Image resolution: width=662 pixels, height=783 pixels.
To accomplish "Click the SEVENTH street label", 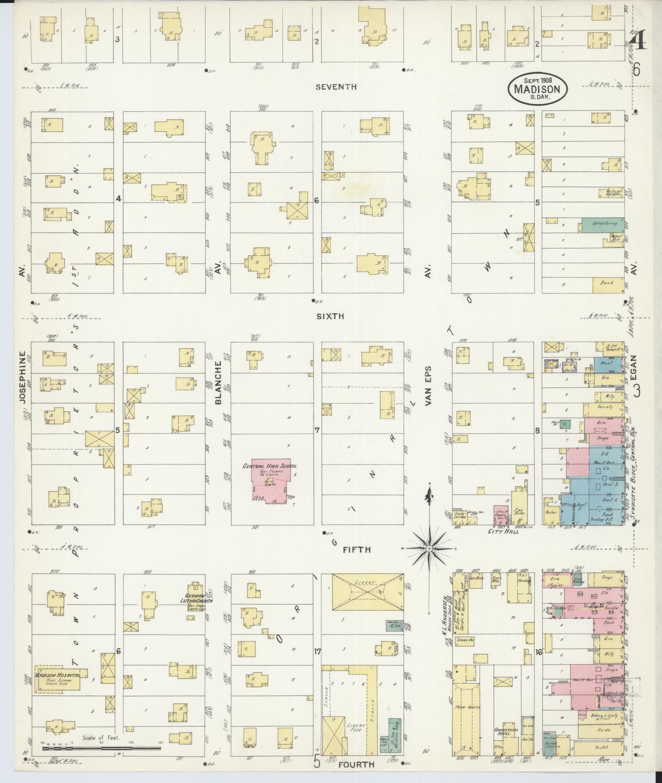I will (x=336, y=87).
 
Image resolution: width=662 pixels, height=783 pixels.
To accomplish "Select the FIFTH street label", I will (x=357, y=550).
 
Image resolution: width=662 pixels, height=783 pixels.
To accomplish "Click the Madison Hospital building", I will (x=57, y=677).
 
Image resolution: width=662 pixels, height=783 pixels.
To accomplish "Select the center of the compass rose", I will (x=429, y=549).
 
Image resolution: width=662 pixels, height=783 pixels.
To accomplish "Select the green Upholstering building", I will (x=602, y=223).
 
